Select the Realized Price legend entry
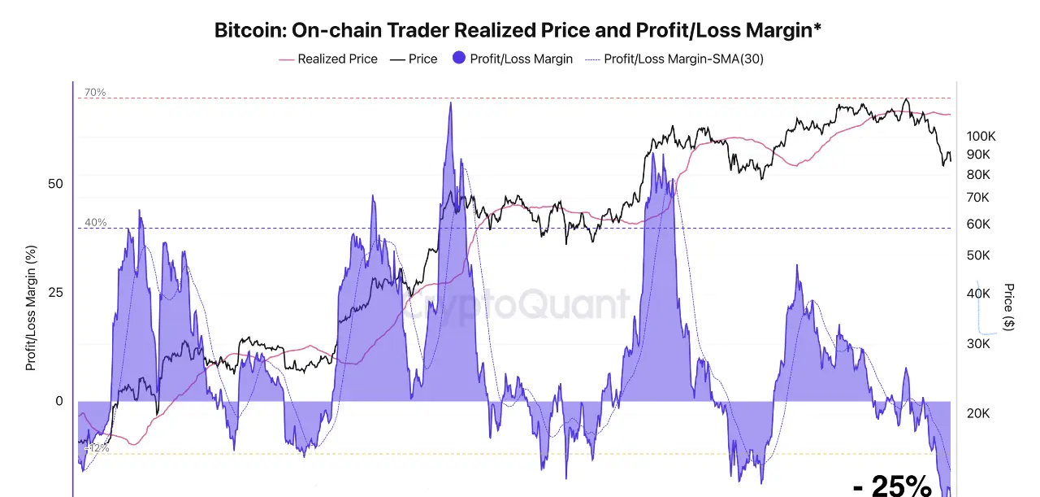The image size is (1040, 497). pos(328,59)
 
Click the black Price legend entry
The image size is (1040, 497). pos(414,59)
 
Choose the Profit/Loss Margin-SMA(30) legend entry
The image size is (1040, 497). pos(674,59)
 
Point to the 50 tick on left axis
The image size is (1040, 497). pos(55,184)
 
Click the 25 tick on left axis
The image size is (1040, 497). pos(55,292)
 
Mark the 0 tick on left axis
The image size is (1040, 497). pos(58,401)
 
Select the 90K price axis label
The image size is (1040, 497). pos(978,155)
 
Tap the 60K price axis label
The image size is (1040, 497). pos(978,225)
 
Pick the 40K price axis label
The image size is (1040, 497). pos(978,294)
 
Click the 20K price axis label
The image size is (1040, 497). pos(978,413)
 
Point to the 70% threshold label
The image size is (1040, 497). pos(95,93)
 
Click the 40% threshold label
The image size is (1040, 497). pos(95,223)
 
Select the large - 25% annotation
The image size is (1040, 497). pos(892,486)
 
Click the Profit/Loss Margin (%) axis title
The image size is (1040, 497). pos(31,307)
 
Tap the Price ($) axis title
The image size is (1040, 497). pos(1009,307)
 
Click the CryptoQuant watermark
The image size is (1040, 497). pos(517,305)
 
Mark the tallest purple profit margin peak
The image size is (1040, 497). pos(449,104)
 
